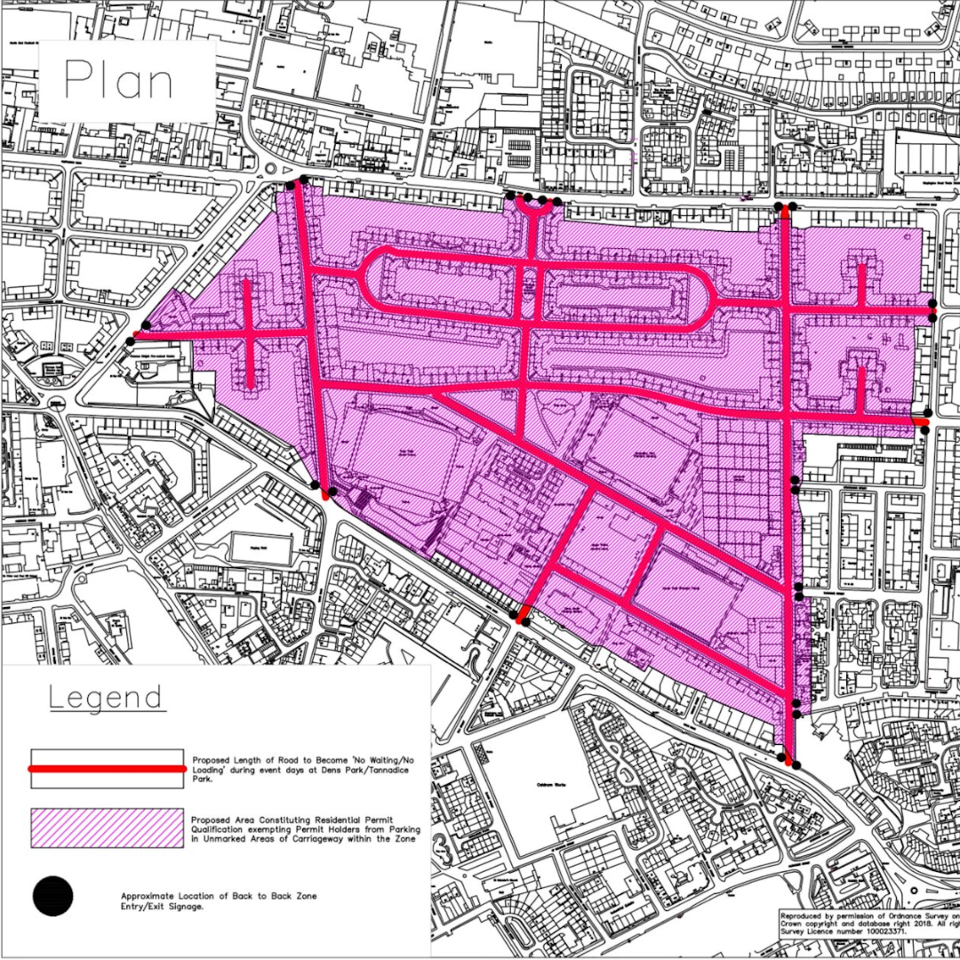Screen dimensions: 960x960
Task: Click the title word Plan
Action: [118, 81]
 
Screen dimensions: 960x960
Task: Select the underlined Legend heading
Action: [106, 698]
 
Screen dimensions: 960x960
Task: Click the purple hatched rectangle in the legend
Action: [107, 828]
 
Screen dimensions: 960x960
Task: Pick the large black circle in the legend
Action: [52, 896]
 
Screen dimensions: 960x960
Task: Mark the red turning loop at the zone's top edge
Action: [533, 207]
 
